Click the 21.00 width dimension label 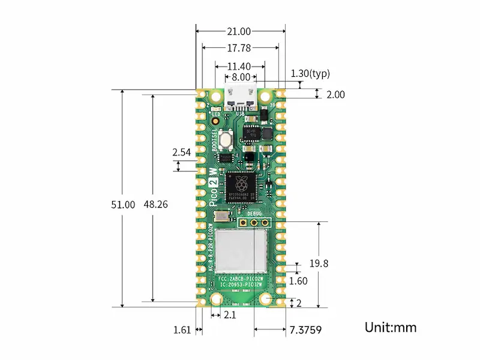[x=240, y=31]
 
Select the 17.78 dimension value [x=240, y=48]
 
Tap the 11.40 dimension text [x=240, y=66]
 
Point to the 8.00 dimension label [x=241, y=77]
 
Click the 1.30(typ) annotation [x=310, y=74]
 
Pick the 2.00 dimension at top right [x=335, y=94]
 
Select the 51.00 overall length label [x=123, y=204]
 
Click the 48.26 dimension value [x=155, y=204]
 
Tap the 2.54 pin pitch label [x=181, y=152]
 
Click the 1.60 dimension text [x=298, y=281]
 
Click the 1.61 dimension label [x=182, y=329]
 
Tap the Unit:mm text [x=390, y=327]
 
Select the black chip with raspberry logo [x=241, y=186]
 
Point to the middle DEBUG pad [x=255, y=222]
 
